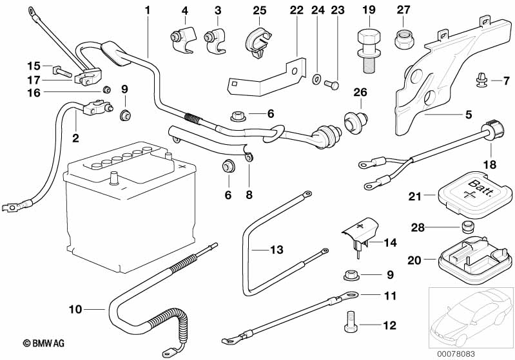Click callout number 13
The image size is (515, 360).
276,249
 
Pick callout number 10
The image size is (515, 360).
75,310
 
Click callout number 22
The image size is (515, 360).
296,10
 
